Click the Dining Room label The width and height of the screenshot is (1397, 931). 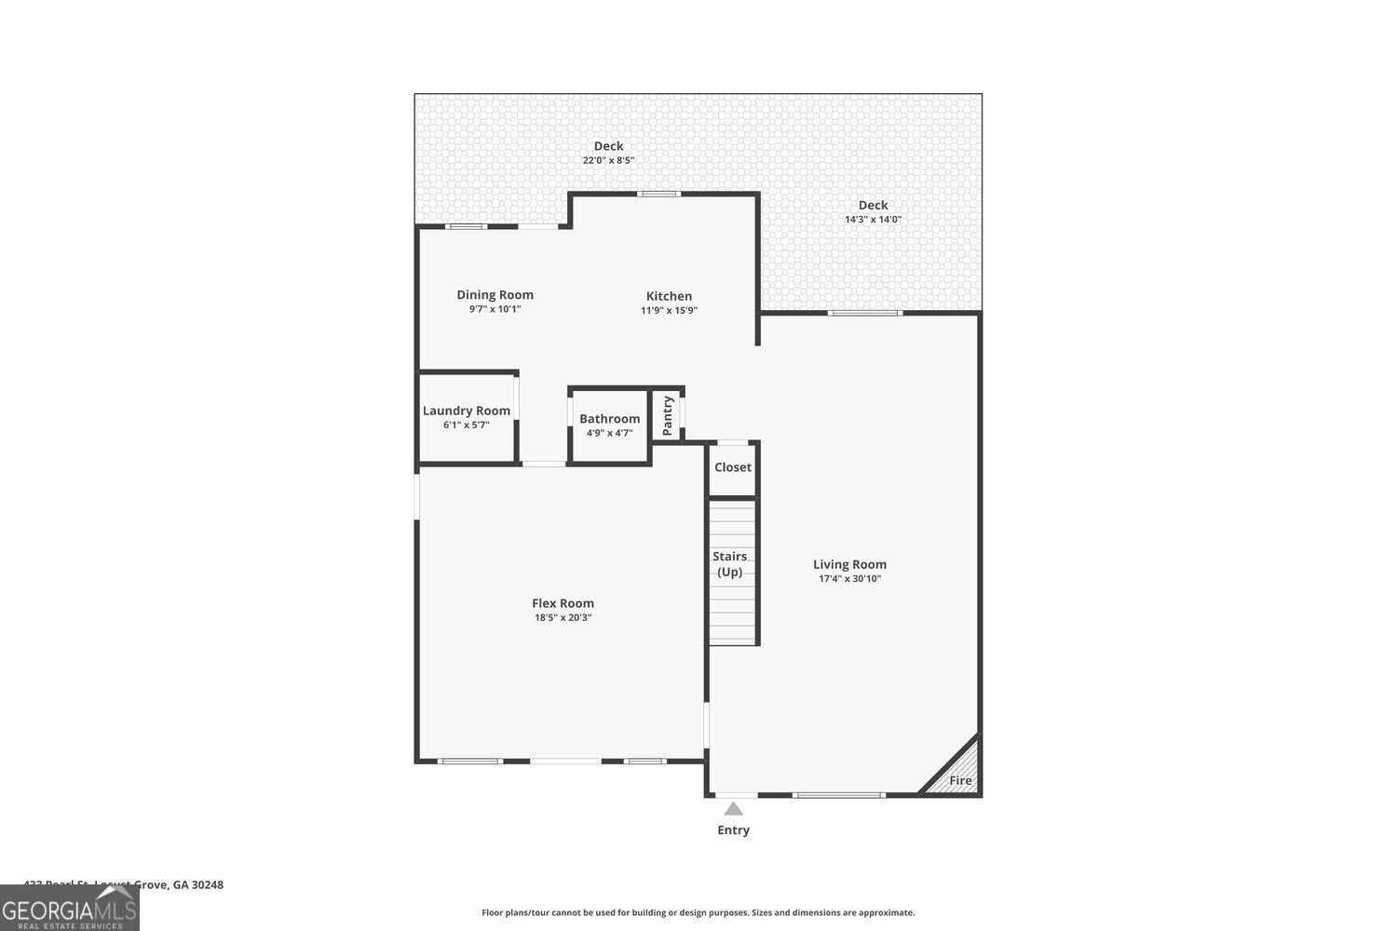[x=495, y=295]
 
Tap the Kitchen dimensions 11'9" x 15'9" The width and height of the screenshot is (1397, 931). [x=669, y=311]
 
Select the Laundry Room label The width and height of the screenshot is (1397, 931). [x=467, y=411]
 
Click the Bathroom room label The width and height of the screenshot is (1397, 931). [x=609, y=419]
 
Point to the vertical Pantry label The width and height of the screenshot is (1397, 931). [x=668, y=416]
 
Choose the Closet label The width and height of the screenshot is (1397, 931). [x=733, y=467]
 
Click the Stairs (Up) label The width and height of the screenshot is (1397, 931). [x=730, y=564]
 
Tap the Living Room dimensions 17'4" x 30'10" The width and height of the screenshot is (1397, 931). [x=849, y=579]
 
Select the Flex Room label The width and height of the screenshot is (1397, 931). [x=563, y=603]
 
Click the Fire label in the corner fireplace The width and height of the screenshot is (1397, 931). [x=960, y=780]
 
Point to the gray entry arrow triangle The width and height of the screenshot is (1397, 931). [x=734, y=808]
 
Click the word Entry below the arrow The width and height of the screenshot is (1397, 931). [x=733, y=830]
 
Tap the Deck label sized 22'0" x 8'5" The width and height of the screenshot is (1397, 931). [x=609, y=146]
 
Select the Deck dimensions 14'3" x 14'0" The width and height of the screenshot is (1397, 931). [x=873, y=220]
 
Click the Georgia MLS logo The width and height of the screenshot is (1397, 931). [x=69, y=908]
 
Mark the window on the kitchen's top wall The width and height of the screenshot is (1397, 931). [x=658, y=194]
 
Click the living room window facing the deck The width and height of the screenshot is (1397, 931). [x=865, y=313]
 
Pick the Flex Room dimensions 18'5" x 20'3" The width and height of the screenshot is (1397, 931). [x=563, y=617]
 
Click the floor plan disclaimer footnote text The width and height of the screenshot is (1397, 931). [x=698, y=912]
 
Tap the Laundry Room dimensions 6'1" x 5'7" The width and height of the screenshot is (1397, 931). [x=467, y=425]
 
